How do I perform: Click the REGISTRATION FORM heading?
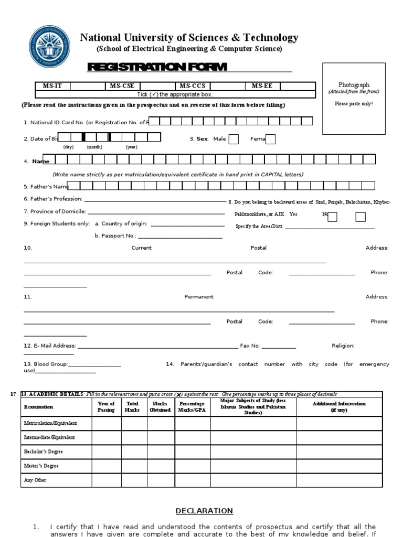(157, 67)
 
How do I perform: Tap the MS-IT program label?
(52, 86)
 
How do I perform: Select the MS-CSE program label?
(122, 86)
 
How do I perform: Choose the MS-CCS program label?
(192, 86)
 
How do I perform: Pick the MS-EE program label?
(262, 86)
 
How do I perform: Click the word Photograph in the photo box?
(354, 84)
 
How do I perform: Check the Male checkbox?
(234, 139)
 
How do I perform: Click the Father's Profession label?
(53, 199)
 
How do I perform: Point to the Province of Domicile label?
(55, 211)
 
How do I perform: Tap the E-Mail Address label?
(50, 346)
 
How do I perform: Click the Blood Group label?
(46, 364)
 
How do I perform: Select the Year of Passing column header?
(107, 407)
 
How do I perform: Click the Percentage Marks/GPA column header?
(192, 407)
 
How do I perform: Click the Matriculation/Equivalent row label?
(50, 423)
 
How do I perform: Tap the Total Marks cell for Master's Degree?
(134, 466)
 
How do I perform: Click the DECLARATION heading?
(204, 511)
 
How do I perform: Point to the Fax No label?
(250, 346)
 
